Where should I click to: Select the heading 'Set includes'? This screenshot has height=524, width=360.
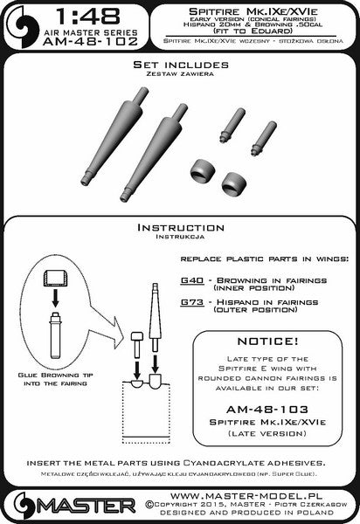pyautogui.click(x=179, y=65)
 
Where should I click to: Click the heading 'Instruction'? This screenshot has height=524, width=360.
pyautogui.click(x=179, y=226)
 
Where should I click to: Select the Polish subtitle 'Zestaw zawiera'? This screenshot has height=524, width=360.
pyautogui.click(x=179, y=75)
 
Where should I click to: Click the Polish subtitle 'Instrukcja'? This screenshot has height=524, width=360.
pyautogui.click(x=179, y=237)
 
